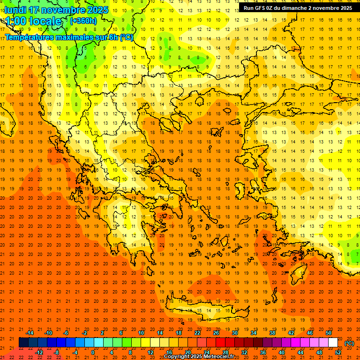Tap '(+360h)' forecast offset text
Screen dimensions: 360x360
(83, 21)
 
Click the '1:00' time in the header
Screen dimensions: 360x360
(15, 21)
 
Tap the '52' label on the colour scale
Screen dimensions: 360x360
(338, 352)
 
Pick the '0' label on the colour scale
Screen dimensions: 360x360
(93, 352)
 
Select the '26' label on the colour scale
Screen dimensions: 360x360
(216, 333)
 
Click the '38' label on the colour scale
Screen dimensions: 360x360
(272, 333)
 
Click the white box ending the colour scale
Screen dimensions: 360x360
(333, 343)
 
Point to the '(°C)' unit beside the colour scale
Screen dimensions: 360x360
(349, 343)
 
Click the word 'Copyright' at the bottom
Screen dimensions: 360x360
(177, 357)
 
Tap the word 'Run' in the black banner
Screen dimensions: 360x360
(248, 8)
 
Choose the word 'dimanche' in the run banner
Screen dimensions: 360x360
(293, 8)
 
